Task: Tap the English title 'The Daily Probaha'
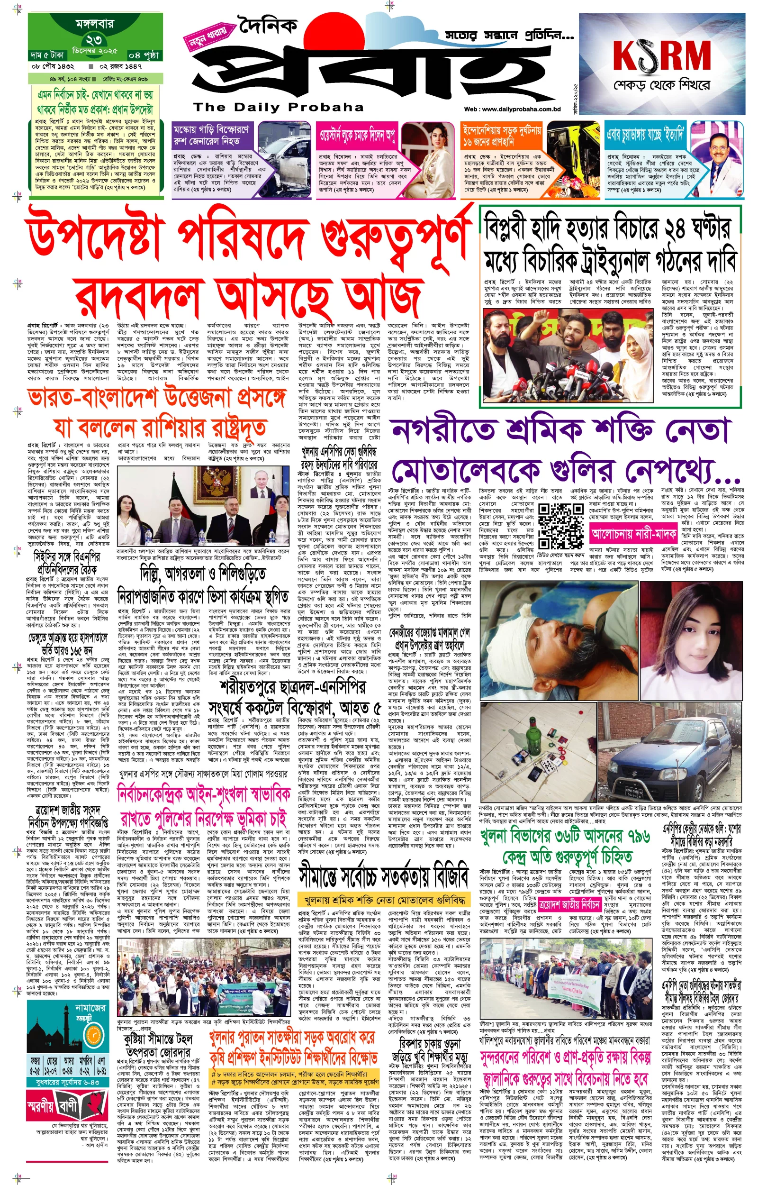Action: (x=278, y=107)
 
